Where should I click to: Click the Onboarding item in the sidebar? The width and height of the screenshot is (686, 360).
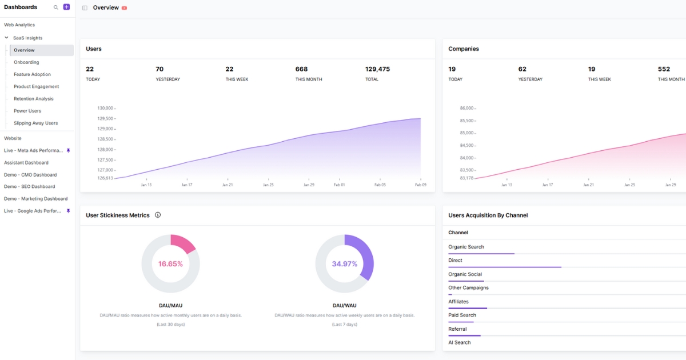coord(26,62)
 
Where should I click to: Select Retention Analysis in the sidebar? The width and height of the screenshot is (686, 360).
coord(34,99)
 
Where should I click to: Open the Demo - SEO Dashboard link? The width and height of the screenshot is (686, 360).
coord(30,187)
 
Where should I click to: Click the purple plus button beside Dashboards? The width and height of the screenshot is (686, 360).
coord(66,7)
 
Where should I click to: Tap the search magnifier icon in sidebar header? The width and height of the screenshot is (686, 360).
coord(55,7)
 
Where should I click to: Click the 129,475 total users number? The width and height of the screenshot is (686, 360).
coord(377,69)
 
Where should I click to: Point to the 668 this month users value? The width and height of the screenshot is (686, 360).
coord(301,69)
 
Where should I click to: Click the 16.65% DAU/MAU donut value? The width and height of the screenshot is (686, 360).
coord(170,264)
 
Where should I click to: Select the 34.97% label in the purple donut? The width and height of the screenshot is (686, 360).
coord(344,264)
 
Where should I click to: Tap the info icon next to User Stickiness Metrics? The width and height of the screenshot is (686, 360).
coord(158,215)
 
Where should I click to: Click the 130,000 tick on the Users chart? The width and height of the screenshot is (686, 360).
coord(106,108)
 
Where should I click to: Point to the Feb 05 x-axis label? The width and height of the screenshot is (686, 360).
coord(381,185)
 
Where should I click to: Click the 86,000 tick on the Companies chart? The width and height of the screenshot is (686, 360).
coord(466,108)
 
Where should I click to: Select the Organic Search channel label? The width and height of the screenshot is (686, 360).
coord(466,247)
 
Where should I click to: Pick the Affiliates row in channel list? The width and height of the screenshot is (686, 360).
coord(458,302)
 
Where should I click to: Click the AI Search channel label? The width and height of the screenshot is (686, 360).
coord(460,343)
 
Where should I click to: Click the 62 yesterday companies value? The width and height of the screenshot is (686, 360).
coord(523,69)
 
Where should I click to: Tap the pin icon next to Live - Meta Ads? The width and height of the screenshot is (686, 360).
coord(69,150)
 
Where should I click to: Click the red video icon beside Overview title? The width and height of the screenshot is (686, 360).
coord(124,8)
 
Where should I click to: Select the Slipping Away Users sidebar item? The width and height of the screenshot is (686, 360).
coord(35,123)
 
